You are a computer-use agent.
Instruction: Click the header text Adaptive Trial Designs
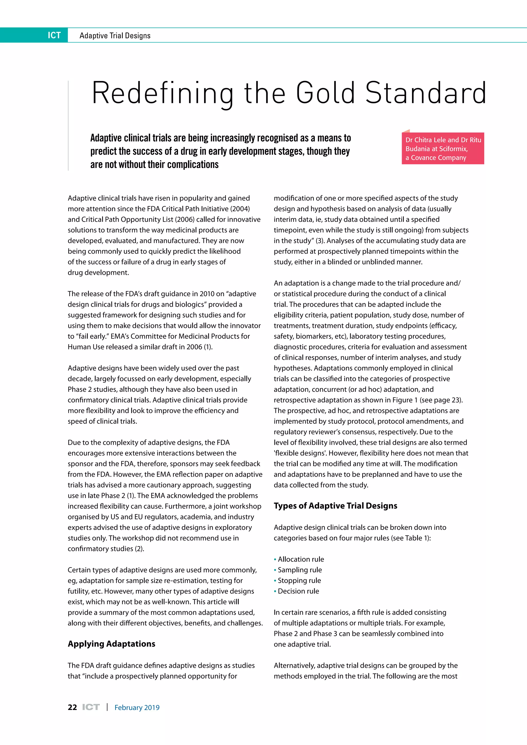[x=115, y=36]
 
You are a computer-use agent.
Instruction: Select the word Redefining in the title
[x=162, y=93]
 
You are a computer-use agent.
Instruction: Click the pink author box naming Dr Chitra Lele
[x=443, y=149]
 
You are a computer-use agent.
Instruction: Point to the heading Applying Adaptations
[x=111, y=644]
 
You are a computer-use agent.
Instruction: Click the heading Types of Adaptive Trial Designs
[x=335, y=506]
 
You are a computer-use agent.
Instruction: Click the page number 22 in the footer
[x=72, y=707]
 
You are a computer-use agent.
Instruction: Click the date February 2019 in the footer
[x=137, y=708]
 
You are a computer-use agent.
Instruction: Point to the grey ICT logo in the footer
[x=91, y=707]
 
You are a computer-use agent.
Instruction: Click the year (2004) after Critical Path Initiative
[x=240, y=209]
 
